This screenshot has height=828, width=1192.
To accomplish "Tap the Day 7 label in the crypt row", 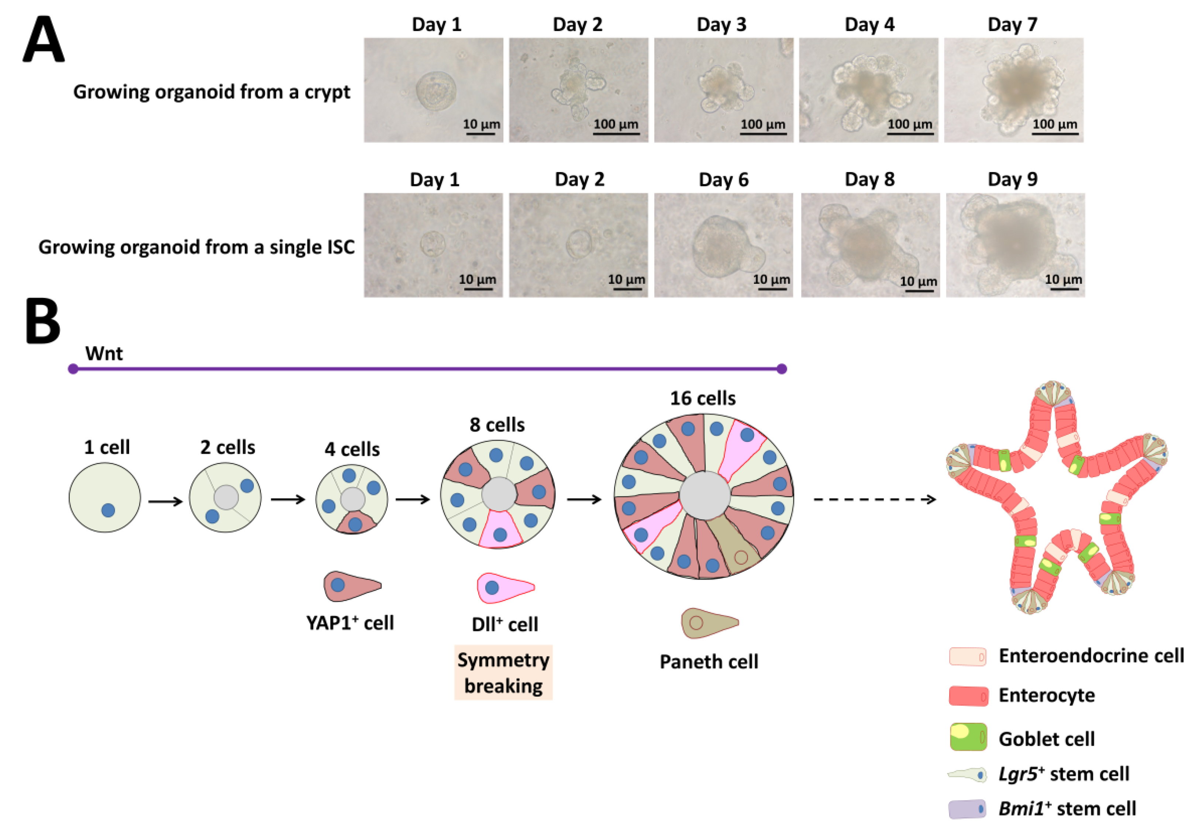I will coord(1012,24).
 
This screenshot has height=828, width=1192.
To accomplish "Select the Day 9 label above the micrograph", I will coord(1012,179).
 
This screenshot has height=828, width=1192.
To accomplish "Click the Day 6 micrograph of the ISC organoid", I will coord(723,245).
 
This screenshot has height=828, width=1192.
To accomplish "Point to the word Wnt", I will coord(104,354).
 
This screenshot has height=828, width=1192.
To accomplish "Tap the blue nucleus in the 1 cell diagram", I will coord(108,510).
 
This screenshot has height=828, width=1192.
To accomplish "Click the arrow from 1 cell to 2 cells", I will coord(165,501).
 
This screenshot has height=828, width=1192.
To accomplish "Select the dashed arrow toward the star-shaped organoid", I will coord(874,499).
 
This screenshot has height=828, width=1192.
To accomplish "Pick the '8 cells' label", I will coord(497,425).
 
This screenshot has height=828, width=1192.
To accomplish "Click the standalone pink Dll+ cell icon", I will coord(504,588).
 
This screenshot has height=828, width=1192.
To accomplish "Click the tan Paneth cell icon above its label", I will coord(709,623).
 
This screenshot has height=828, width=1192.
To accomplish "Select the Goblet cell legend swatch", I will coord(968,737).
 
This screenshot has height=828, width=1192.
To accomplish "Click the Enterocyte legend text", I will coord(1046,695).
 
